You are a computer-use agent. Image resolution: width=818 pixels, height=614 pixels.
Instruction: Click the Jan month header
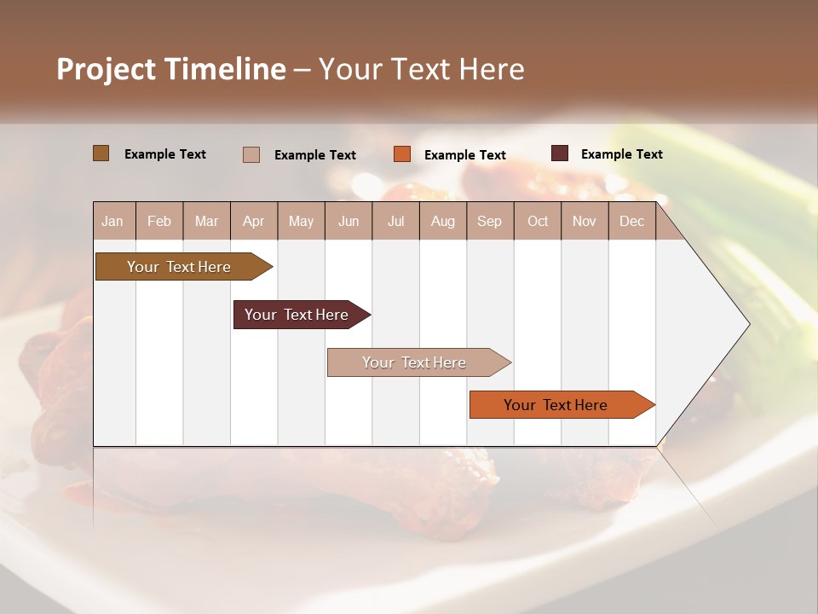pyautogui.click(x=112, y=221)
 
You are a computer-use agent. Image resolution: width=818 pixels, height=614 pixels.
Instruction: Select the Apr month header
pyautogui.click(x=253, y=221)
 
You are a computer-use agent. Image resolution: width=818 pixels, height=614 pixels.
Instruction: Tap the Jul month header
pyautogui.click(x=395, y=221)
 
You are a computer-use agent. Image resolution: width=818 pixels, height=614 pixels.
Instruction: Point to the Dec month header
pyautogui.click(x=631, y=221)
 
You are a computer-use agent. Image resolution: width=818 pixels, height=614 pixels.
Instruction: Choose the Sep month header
pyautogui.click(x=489, y=221)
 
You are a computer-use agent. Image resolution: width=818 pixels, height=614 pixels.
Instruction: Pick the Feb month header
pyautogui.click(x=159, y=221)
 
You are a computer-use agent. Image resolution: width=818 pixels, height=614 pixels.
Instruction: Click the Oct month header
pyautogui.click(x=538, y=221)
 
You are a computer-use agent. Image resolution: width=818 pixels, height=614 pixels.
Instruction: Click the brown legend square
pyautogui.click(x=101, y=153)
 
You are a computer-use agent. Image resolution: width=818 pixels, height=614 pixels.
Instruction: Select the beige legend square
pyautogui.click(x=251, y=154)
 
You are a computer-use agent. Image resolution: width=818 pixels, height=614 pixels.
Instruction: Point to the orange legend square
pyautogui.click(x=402, y=154)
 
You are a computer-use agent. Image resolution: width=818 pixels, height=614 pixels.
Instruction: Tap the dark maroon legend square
pyautogui.click(x=560, y=153)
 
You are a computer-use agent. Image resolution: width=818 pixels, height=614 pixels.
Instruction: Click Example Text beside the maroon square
pyautogui.click(x=621, y=154)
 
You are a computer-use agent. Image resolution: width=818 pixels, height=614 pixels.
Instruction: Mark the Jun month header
pyautogui.click(x=349, y=221)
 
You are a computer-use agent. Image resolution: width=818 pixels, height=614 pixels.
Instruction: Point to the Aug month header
pyautogui.click(x=442, y=221)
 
